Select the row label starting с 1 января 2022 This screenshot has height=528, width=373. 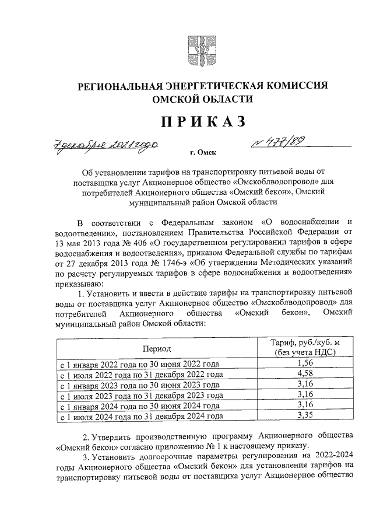[140, 364]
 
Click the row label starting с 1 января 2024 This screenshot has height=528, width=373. [140, 406]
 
